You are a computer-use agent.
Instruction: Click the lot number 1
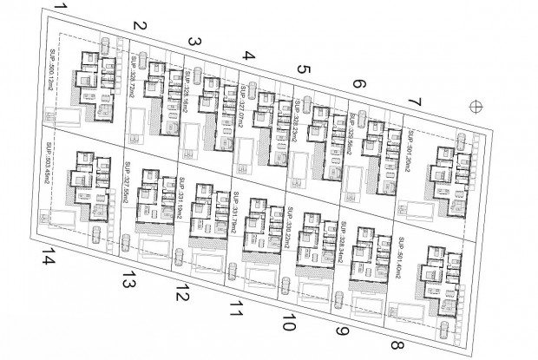59,10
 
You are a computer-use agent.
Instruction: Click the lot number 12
182,292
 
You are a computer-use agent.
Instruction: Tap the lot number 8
397,345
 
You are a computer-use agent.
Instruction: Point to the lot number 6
358,87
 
